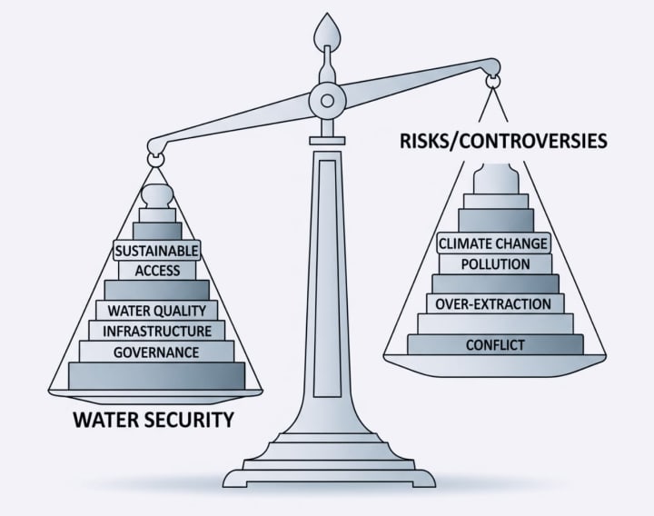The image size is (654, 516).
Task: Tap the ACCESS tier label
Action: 157,270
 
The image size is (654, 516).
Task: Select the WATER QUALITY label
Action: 157,311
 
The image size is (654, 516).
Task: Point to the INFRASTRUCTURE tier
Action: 157,331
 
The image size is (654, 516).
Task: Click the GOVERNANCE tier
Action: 157,352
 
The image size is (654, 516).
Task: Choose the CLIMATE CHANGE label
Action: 493,243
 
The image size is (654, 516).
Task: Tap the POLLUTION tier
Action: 495,263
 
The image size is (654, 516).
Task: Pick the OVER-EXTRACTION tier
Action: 494,303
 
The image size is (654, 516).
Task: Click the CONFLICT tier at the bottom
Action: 495,344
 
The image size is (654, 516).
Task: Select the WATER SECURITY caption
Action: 153,420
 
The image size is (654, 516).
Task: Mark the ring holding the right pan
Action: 493,83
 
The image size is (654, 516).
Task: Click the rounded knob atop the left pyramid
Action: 157,195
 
